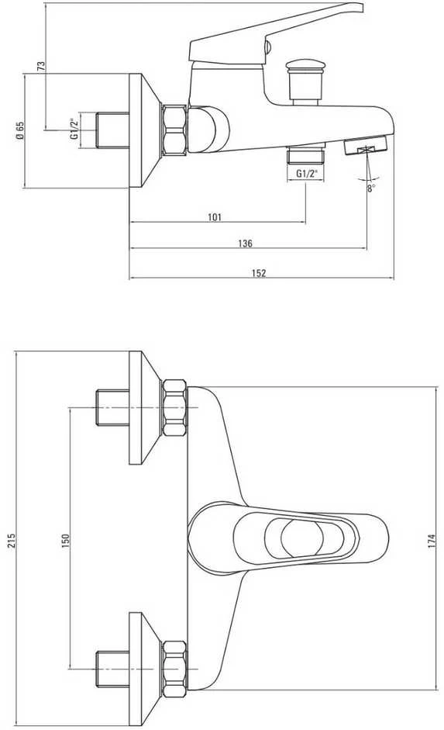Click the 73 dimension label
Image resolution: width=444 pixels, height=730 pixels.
pos(40,66)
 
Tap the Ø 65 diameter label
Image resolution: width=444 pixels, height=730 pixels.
pos(20,131)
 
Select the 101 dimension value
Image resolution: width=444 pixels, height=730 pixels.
pos(215,217)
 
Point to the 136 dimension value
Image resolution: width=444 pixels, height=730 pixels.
pos(245,243)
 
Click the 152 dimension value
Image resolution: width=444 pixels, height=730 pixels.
pos(259,273)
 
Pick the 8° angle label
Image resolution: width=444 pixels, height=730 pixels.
pos(371,188)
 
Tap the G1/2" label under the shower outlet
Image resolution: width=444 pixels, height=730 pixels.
pos(307,174)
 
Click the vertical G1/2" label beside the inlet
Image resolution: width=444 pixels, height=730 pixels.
pos(74,130)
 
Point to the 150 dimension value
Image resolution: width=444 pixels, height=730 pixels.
pos(66,540)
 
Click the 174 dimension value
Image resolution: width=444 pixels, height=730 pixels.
pos(431,541)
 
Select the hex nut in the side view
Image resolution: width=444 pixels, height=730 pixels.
pos(174,130)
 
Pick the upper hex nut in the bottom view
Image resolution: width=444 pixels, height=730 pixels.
pos(175,408)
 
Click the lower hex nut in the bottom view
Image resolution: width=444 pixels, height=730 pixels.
pos(175,669)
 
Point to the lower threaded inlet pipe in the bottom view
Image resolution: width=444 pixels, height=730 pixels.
pos(112,668)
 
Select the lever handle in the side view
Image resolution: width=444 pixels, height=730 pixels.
pos(275,33)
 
